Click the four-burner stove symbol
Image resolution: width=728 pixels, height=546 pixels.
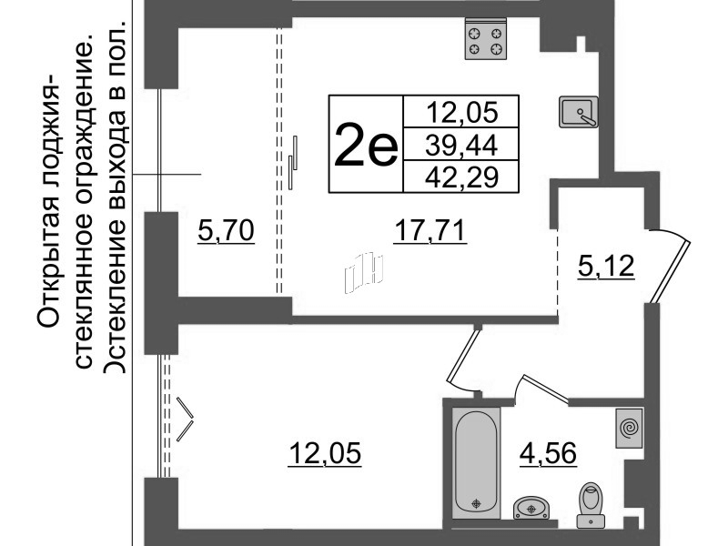click(485, 40)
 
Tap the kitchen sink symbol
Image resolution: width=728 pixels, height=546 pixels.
click(579, 112)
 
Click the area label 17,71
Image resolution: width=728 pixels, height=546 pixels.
click(430, 233)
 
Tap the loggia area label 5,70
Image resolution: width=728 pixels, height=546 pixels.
click(225, 233)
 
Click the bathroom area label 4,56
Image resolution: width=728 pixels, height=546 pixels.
click(549, 451)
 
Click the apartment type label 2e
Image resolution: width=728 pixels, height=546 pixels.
click(366, 145)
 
